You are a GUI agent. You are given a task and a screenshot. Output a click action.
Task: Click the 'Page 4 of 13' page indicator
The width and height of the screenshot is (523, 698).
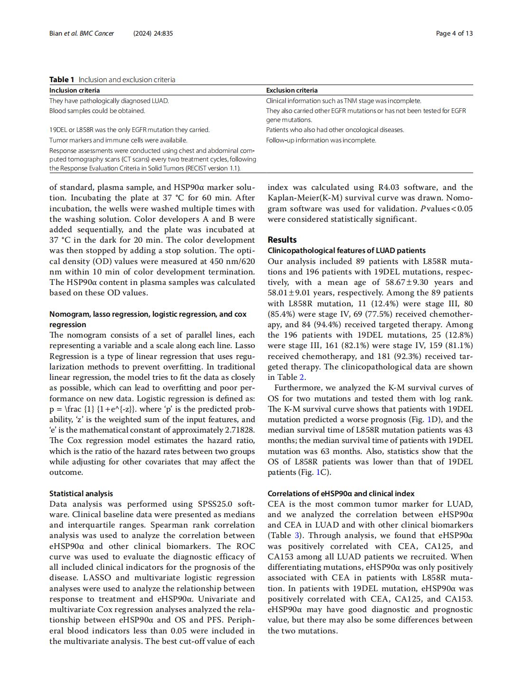(454, 33)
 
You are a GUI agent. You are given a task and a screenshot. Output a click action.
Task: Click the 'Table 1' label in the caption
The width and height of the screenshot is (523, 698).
(62, 80)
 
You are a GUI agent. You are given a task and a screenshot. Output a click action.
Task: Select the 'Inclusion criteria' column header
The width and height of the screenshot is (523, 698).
(75, 90)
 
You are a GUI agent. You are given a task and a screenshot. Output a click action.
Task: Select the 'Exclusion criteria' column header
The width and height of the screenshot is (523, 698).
(292, 90)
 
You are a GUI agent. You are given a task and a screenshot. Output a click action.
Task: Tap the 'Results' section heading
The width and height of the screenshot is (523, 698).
(282, 240)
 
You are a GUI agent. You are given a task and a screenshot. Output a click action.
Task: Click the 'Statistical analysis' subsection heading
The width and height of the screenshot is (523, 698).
(81, 493)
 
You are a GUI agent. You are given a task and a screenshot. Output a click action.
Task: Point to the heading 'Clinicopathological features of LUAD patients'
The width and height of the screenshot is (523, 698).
(346, 250)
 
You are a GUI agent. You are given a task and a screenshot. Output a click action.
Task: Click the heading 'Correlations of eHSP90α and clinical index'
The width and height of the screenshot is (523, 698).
(341, 493)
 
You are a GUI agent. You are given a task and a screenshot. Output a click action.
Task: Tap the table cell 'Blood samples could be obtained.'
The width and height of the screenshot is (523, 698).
(97, 111)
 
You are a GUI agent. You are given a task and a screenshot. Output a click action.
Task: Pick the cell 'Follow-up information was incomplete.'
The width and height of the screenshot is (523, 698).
(321, 140)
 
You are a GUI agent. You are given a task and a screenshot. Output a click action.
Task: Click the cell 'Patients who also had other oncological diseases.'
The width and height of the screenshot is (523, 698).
(335, 130)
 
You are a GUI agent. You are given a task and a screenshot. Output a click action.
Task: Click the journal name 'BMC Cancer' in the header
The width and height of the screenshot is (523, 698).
(97, 33)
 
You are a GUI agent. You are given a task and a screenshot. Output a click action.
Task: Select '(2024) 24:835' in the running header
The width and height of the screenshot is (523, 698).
(153, 33)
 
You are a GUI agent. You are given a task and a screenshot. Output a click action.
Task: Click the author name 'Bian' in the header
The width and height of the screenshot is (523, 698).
(56, 33)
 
